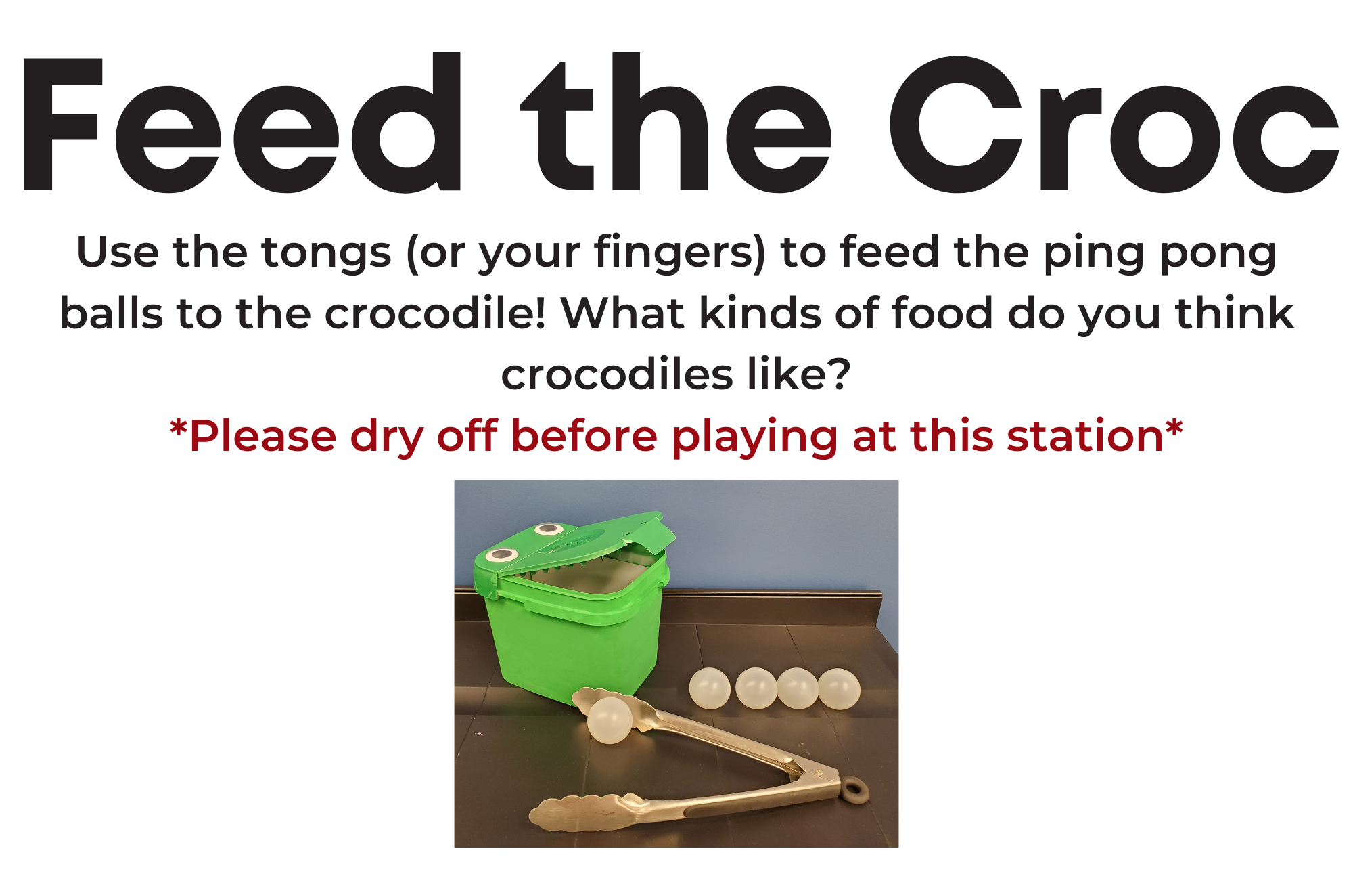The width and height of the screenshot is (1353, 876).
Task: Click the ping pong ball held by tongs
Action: click(610, 720)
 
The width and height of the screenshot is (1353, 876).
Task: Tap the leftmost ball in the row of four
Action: click(710, 688)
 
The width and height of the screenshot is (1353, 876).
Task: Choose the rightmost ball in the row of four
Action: click(839, 688)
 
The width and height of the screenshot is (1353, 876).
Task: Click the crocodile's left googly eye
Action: click(502, 556)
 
